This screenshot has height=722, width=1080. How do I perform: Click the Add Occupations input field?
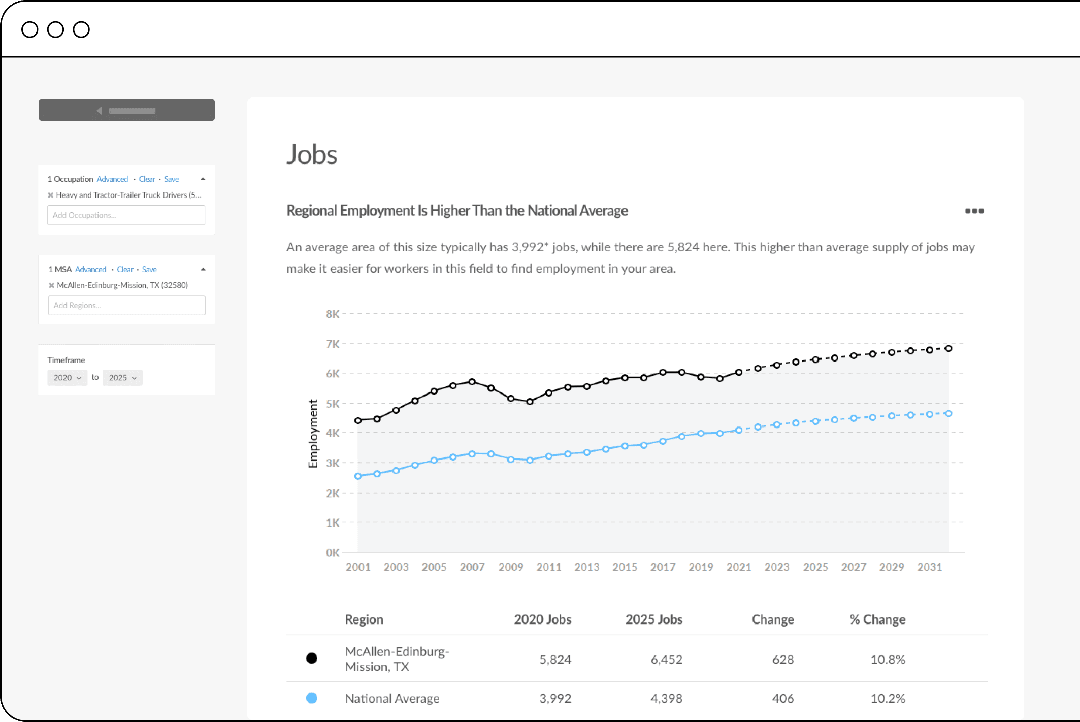(126, 215)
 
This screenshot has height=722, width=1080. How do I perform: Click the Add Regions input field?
(126, 305)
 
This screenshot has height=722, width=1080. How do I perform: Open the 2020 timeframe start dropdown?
(67, 378)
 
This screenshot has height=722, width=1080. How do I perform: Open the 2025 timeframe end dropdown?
(122, 378)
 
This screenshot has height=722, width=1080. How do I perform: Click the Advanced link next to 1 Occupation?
(112, 179)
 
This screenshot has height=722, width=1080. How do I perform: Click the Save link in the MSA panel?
(149, 270)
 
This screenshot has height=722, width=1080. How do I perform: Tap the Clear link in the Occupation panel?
(147, 179)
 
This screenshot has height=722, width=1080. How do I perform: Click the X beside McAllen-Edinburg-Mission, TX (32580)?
(51, 285)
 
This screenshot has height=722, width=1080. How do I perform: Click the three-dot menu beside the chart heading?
(974, 211)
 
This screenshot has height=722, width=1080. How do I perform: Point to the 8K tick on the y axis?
(333, 314)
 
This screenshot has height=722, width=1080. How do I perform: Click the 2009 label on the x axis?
(510, 567)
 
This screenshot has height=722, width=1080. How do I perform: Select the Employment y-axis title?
(313, 433)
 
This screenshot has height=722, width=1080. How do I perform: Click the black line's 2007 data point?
(472, 382)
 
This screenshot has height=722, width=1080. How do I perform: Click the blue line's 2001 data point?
(358, 476)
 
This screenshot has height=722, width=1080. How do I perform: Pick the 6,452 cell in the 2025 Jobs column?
(666, 660)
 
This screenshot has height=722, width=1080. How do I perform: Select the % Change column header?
(877, 619)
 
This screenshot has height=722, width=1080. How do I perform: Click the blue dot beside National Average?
(312, 698)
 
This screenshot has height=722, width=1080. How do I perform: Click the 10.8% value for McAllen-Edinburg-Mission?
(888, 660)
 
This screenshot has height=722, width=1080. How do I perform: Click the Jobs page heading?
(312, 154)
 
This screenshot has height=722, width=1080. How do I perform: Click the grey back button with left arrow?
(126, 110)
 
